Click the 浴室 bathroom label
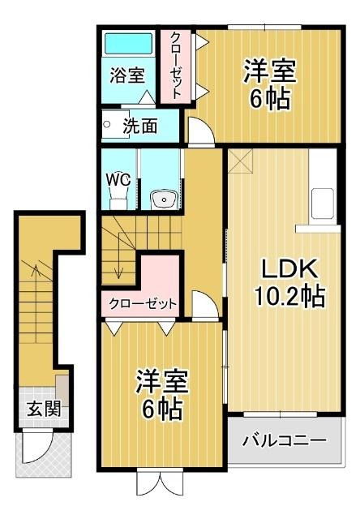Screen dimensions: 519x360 (x=128, y=76)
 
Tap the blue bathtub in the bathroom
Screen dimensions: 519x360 (x=127, y=43)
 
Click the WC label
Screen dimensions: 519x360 (x=118, y=179)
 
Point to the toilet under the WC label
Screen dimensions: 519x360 (x=118, y=199)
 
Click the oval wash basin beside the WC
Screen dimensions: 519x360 (x=162, y=199)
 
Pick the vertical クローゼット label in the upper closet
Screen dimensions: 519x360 (x=175, y=65)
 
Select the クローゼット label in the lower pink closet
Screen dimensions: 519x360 (x=143, y=304)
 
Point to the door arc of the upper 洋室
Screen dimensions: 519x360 (x=200, y=130)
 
